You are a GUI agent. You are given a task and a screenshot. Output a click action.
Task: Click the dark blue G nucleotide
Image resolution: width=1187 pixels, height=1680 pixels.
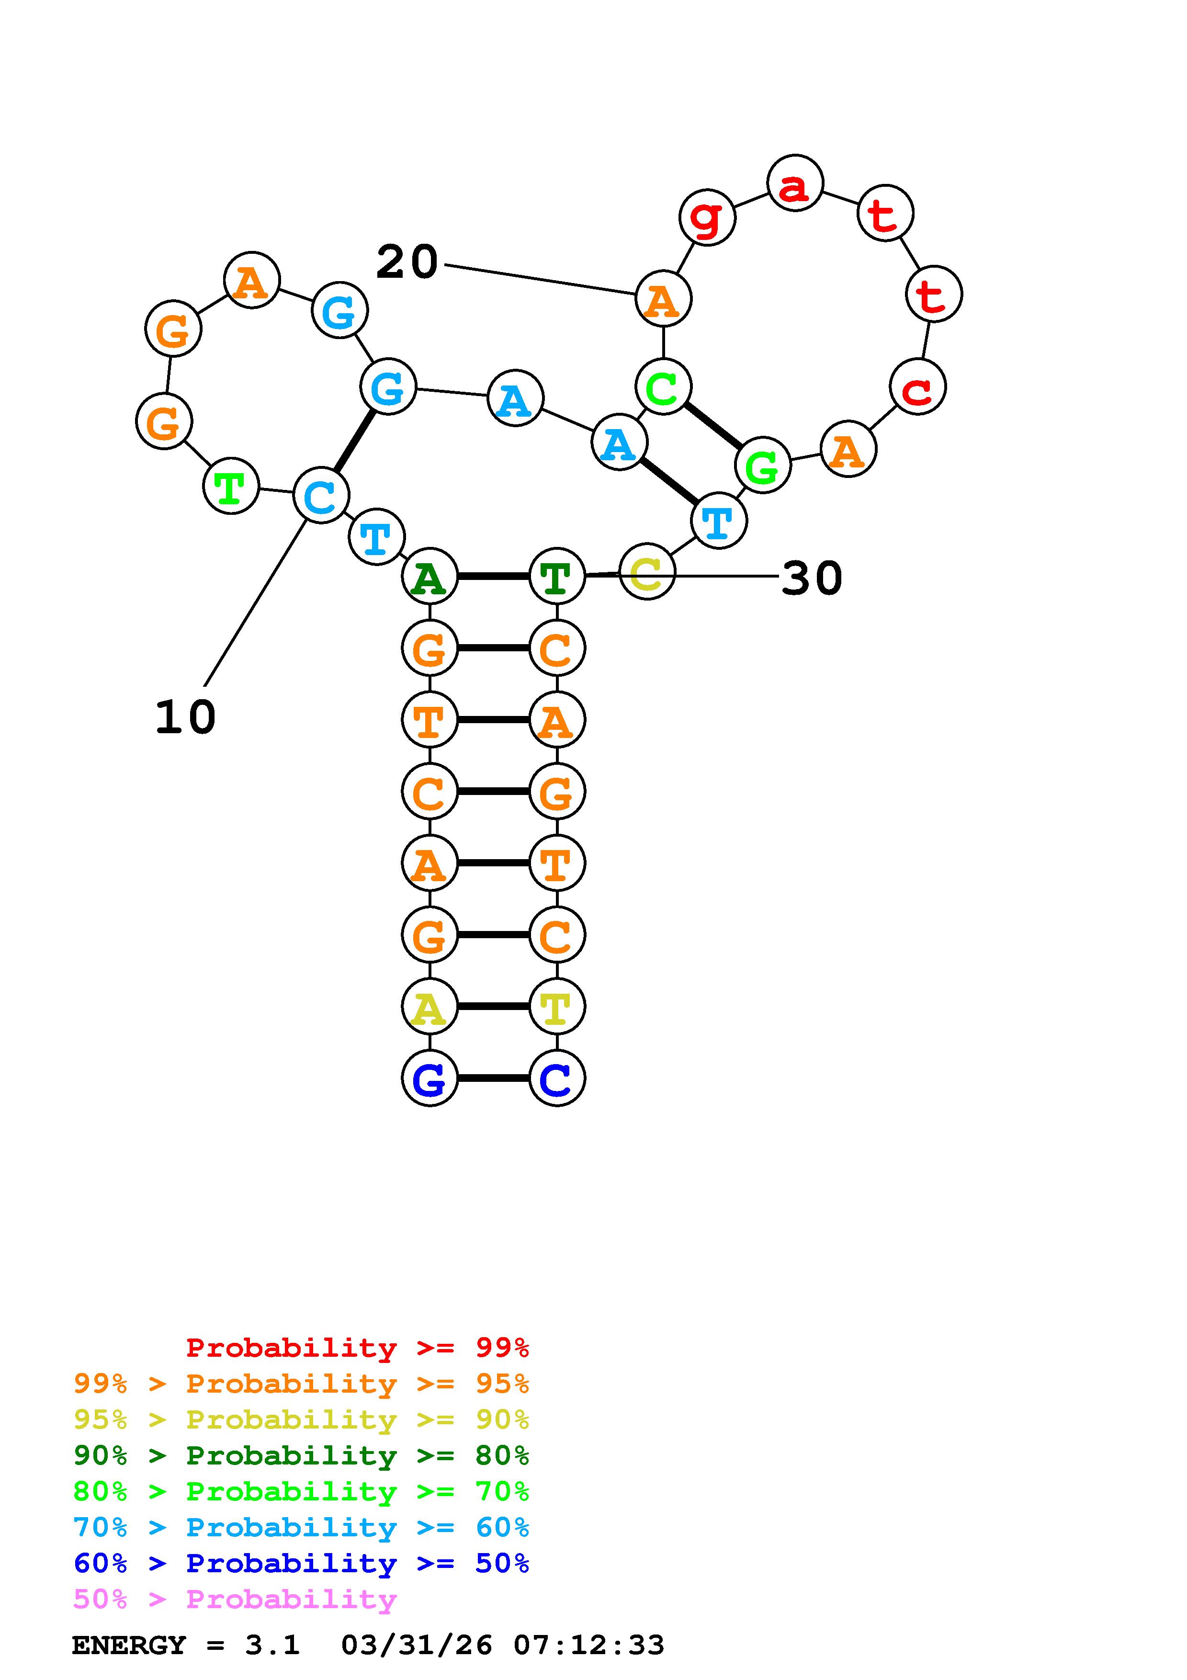pos(430,1078)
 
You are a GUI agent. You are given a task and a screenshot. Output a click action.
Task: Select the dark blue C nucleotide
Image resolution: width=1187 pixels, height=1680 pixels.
pos(556,1078)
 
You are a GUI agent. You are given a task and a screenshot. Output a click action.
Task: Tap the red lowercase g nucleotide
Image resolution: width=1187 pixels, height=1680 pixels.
pos(706,217)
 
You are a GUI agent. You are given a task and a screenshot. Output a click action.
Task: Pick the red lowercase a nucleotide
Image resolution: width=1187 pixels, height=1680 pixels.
pos(795,183)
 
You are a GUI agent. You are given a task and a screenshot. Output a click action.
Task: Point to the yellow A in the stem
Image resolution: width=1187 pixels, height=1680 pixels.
pos(430,1007)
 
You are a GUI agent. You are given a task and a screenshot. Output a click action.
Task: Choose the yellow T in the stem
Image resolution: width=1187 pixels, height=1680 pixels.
pos(556,1007)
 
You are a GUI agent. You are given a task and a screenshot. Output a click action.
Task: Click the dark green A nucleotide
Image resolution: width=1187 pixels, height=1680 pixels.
pos(430,577)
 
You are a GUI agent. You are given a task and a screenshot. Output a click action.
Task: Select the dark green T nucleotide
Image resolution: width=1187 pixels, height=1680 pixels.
pos(556,577)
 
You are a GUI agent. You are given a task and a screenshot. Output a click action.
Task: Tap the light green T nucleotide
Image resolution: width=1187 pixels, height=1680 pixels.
pos(230,487)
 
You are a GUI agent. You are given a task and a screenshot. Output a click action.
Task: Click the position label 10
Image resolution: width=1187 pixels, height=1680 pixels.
pos(186,717)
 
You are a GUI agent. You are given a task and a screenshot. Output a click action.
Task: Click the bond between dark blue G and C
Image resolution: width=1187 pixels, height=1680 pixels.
pos(493,1078)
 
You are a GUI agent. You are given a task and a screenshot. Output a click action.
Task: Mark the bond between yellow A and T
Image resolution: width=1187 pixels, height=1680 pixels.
pos(493,1007)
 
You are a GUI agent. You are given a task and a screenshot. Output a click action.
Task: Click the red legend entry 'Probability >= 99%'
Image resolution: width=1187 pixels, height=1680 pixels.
pos(358,1347)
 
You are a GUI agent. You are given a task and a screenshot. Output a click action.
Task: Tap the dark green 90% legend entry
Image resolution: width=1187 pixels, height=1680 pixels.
pos(301,1455)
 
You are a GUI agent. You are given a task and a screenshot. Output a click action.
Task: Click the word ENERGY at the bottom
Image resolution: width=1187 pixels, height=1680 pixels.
pos(129,1645)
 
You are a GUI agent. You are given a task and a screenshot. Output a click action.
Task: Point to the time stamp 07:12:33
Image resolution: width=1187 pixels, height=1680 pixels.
pos(589,1645)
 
